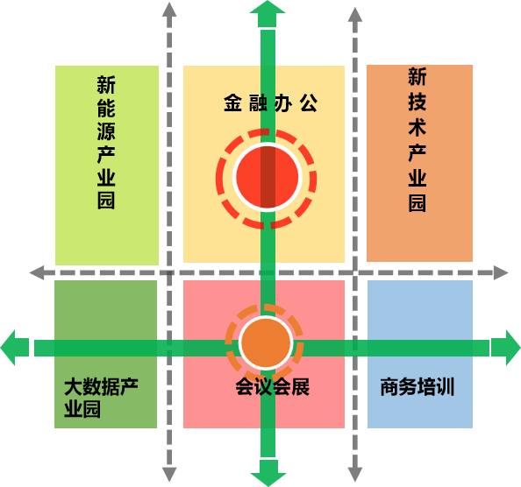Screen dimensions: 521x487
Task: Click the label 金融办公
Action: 270,102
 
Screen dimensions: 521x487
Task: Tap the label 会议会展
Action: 273,386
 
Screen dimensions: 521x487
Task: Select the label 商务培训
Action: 417,386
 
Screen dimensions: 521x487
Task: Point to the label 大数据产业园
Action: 101,398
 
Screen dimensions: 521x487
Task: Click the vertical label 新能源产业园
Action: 106,142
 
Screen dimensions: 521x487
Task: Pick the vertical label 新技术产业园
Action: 418,139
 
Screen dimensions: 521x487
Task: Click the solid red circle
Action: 268,177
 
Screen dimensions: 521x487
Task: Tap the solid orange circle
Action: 266,343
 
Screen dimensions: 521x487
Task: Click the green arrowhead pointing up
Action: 268,14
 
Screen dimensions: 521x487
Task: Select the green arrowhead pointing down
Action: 268,473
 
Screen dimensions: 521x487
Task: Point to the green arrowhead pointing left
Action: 15,348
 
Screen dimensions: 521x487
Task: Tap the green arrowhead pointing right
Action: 506,348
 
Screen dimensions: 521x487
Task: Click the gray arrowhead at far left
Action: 37,272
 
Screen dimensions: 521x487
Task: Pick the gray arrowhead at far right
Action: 501,272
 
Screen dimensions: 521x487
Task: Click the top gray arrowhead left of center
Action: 169,10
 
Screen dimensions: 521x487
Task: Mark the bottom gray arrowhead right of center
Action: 355,475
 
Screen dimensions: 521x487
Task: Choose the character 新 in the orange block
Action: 418,76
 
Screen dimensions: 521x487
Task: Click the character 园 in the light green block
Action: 106,201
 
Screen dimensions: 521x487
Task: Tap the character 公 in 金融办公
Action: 309,102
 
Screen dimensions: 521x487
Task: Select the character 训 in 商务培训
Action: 446,386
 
